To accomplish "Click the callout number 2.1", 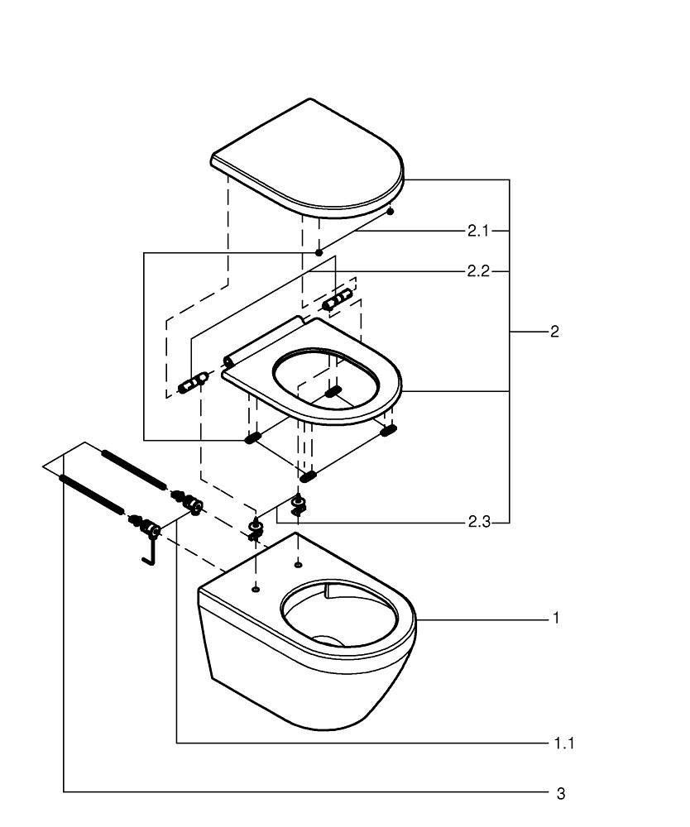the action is coord(478,231).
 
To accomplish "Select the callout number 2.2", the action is coord(478,271).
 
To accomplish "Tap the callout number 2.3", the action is coord(479,522).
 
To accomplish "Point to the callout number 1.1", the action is coord(564,743).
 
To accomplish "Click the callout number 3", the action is coord(561,793).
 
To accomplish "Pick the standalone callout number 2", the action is coord(554,332).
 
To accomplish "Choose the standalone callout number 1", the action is coord(556,618).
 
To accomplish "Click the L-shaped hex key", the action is coord(149,550).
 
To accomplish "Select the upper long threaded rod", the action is coord(133,469).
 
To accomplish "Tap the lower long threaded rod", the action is coord(93,495).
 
